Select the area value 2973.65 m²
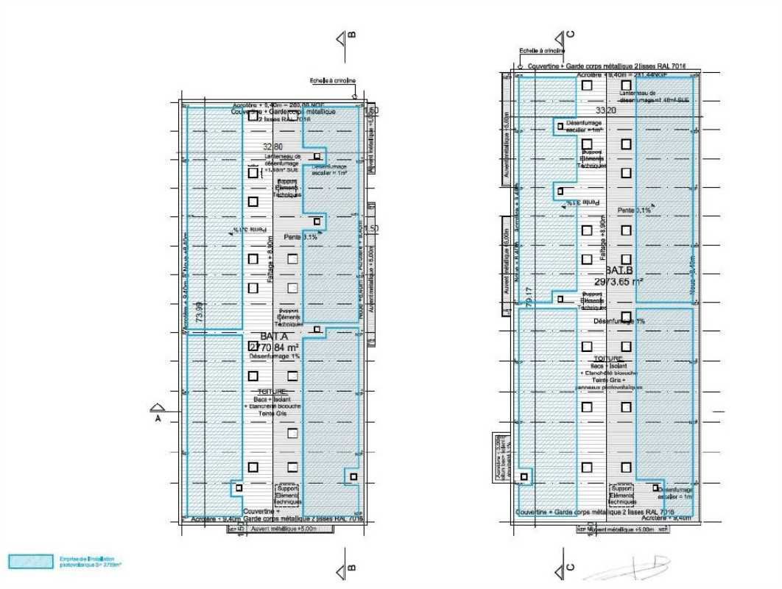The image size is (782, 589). pyautogui.click(x=619, y=281)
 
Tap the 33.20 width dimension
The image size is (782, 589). pyautogui.click(x=605, y=110)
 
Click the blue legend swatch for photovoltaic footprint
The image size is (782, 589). pyautogui.click(x=30, y=562)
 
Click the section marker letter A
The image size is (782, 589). pyautogui.click(x=157, y=418)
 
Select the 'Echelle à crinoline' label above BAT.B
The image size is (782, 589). pyautogui.click(x=541, y=51)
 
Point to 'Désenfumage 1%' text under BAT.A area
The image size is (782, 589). pyautogui.click(x=273, y=356)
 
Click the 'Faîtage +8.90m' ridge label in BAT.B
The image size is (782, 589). pyautogui.click(x=603, y=239)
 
